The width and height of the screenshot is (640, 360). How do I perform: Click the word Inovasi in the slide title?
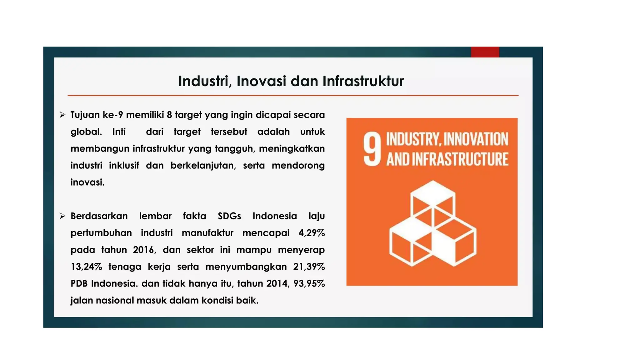click(261, 81)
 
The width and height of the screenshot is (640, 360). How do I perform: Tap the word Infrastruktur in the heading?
click(363, 81)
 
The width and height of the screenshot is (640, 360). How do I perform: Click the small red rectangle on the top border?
click(485, 52)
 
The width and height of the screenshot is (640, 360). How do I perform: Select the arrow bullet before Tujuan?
click(62, 115)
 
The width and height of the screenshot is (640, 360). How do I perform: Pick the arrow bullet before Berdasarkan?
click(62, 216)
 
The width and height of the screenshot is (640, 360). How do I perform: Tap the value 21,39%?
click(309, 267)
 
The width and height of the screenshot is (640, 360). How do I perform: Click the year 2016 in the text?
click(143, 250)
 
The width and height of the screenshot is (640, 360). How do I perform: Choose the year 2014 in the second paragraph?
click(277, 284)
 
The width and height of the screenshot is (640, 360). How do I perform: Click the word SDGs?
click(229, 216)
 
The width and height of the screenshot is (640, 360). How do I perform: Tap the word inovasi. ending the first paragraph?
click(87, 182)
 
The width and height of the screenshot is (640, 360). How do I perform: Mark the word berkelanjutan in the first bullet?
click(203, 166)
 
